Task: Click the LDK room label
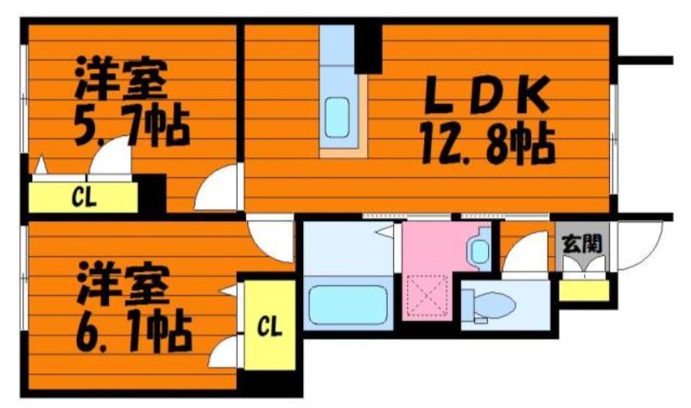point(487,94)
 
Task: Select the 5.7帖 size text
point(132,125)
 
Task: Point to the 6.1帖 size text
point(134,331)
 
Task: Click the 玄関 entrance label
point(582,243)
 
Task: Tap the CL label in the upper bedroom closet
point(84,198)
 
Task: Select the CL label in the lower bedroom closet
point(269,327)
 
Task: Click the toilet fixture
point(489,305)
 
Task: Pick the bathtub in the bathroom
point(348,305)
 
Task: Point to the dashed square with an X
point(427,296)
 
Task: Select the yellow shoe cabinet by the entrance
point(584,290)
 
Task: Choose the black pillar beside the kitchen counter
point(368,48)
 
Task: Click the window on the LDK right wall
point(614,138)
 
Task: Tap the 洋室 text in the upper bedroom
point(121,79)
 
